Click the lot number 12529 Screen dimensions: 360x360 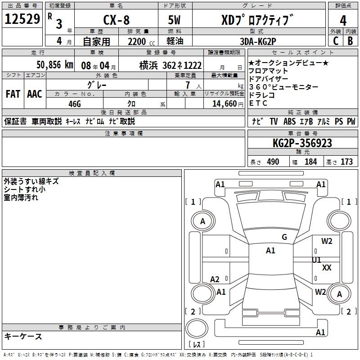click(x=22, y=19)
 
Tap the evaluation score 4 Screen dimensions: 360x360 click(x=343, y=20)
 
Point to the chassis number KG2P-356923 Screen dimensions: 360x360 click(x=302, y=144)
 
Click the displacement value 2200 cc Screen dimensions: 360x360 click(x=138, y=42)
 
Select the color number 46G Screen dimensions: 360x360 click(x=74, y=103)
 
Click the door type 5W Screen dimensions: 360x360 click(x=176, y=20)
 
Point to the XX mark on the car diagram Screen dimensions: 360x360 click(x=327, y=267)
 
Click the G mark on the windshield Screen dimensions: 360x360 click(x=284, y=237)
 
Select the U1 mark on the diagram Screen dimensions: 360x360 click(x=317, y=260)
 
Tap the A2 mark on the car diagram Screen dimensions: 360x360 click(x=215, y=279)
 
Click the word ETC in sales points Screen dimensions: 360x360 click(x=258, y=103)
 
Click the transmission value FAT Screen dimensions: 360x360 click(x=13, y=94)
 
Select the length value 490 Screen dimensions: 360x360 click(x=273, y=162)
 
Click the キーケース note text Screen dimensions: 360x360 click(x=23, y=336)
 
